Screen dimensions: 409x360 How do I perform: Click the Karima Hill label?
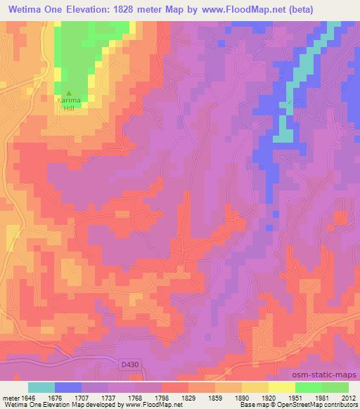(x=69, y=103)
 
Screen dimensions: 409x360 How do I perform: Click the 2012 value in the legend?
(x=348, y=396)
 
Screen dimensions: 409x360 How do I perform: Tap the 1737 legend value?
(x=108, y=396)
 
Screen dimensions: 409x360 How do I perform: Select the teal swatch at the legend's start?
(x=41, y=387)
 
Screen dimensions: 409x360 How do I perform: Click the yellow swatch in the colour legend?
(x=281, y=387)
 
